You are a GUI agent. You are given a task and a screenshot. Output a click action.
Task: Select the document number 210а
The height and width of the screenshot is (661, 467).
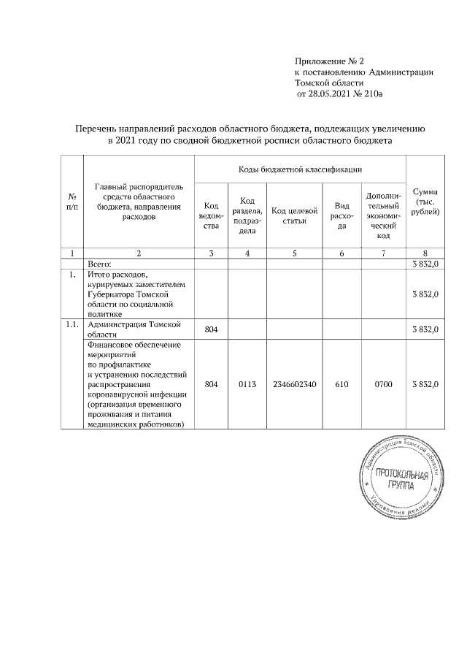coord(371,94)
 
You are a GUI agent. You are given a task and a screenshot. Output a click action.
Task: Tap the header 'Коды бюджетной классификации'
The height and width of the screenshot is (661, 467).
coord(300,169)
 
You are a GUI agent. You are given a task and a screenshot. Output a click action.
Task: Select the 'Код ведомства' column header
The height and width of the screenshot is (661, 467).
coord(212,216)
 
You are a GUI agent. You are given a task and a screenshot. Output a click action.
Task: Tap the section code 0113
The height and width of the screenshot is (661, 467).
coord(247,383)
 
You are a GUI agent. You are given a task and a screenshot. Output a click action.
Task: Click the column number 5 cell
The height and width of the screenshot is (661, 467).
coord(294,253)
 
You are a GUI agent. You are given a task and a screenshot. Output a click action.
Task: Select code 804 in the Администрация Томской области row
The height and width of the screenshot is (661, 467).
coord(212,330)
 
